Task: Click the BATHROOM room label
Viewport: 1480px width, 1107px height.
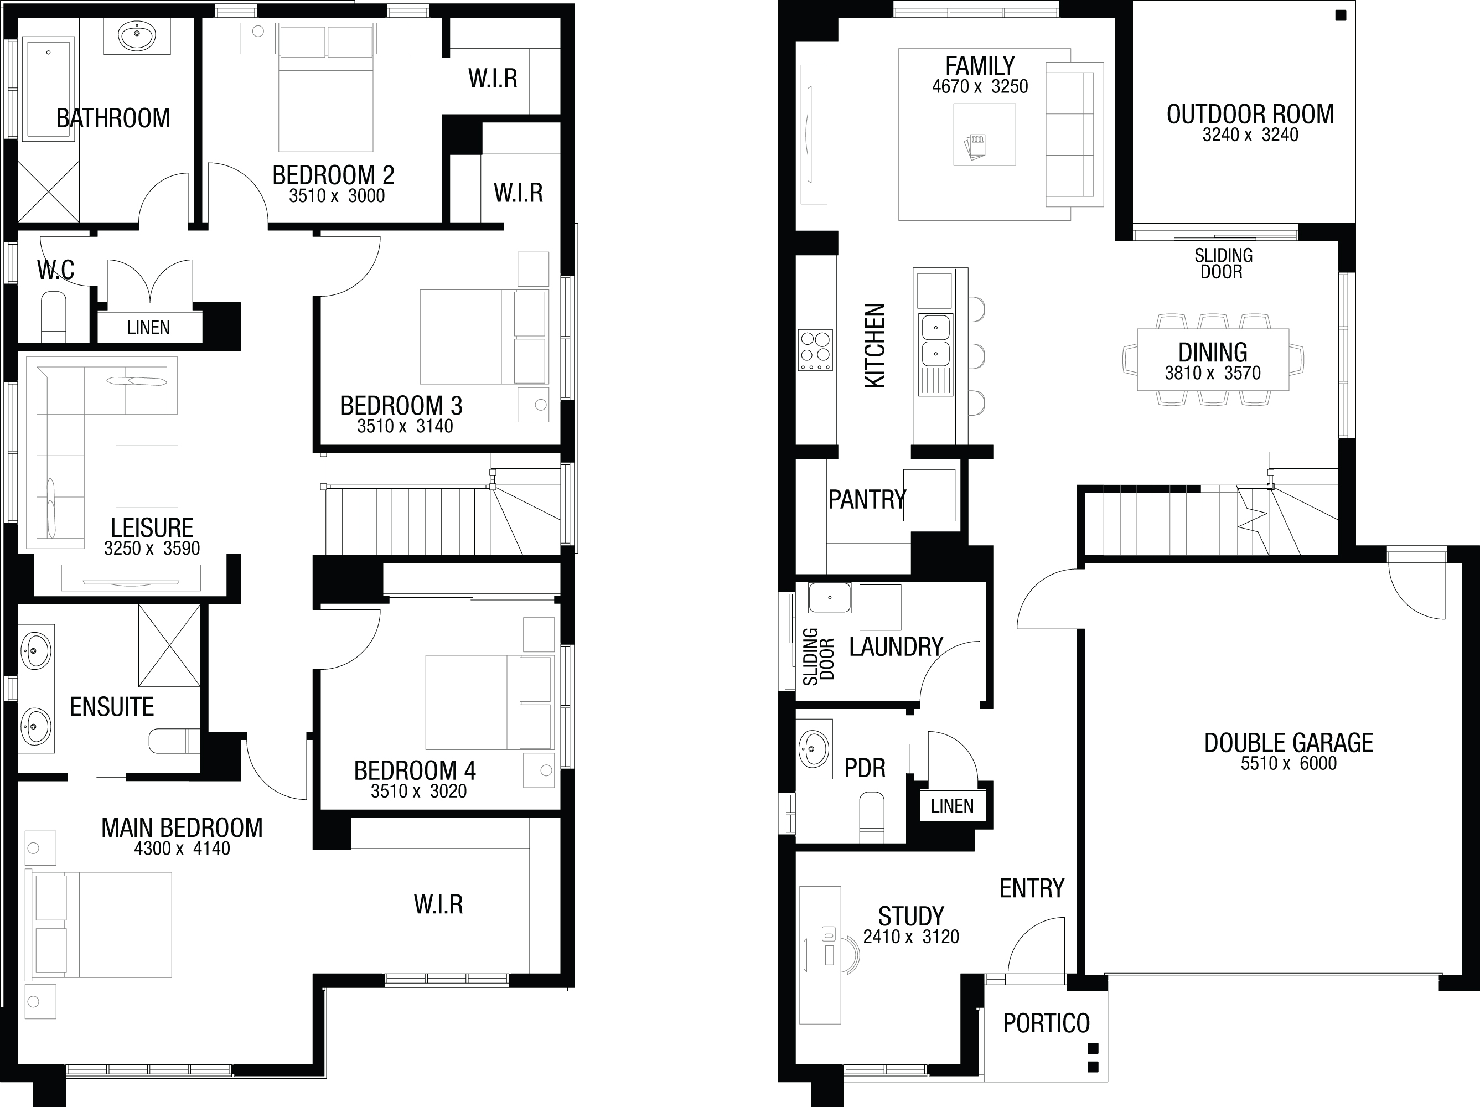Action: tap(113, 118)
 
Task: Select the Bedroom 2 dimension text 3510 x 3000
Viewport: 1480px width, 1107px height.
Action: tap(337, 196)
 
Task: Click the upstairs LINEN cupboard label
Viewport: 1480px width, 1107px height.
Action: tap(148, 328)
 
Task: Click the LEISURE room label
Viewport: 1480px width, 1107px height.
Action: tap(152, 528)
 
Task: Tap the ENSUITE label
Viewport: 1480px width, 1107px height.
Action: tap(112, 707)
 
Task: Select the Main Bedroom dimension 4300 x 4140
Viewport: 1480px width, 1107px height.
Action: tap(182, 849)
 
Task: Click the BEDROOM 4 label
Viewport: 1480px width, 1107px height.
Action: tap(415, 770)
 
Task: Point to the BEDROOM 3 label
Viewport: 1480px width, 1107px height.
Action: tap(401, 406)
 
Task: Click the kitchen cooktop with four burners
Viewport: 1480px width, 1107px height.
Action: tap(815, 350)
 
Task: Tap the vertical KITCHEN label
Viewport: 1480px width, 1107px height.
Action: tap(875, 345)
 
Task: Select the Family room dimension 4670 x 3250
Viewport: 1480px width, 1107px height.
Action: tap(980, 86)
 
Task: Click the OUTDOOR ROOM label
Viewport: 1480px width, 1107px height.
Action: tap(1250, 115)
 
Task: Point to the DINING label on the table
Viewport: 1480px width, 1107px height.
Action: tap(1212, 352)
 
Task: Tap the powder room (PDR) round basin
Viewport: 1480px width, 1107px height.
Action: tap(814, 748)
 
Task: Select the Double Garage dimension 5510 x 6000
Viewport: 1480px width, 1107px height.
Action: tap(1288, 764)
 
